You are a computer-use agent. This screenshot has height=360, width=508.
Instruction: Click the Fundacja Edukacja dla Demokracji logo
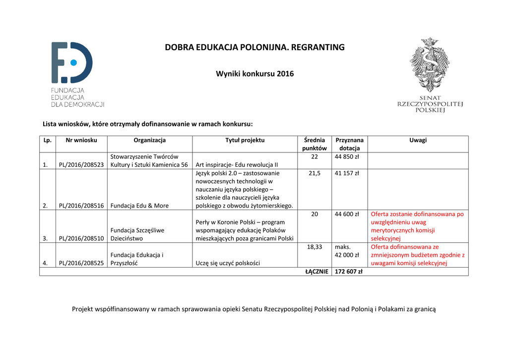(x=77, y=74)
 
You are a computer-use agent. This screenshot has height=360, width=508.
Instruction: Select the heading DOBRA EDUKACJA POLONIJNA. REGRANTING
(x=254, y=48)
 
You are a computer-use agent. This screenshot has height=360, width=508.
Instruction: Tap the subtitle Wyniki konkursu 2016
(x=254, y=74)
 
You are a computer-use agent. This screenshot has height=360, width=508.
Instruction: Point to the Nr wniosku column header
(x=81, y=140)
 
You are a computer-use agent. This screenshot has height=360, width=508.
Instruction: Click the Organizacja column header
(x=149, y=140)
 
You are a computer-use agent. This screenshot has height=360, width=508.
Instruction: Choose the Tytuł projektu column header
(x=245, y=140)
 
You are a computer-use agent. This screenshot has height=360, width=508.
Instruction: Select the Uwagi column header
(x=418, y=140)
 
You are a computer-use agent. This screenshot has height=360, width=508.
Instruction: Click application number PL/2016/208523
(x=81, y=165)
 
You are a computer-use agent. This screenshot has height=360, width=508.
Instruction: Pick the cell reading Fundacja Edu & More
(x=139, y=206)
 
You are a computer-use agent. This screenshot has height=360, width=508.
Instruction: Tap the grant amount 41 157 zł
(x=347, y=173)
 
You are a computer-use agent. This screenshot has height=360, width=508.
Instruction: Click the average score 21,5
(x=314, y=173)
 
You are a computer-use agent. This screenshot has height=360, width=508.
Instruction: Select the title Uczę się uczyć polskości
(x=228, y=263)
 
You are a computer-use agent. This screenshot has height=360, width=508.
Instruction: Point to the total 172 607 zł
(x=349, y=272)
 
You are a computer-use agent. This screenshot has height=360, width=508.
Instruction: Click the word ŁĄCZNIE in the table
(x=316, y=272)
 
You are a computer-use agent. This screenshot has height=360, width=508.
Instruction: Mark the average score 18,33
(x=314, y=247)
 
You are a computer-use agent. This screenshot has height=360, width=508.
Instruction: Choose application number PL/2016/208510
(x=81, y=238)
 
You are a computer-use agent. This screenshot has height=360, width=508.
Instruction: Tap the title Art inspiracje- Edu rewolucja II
(x=237, y=165)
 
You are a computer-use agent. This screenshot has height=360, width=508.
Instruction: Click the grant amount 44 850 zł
(x=347, y=157)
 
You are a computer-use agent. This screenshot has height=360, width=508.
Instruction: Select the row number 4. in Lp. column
(x=45, y=263)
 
